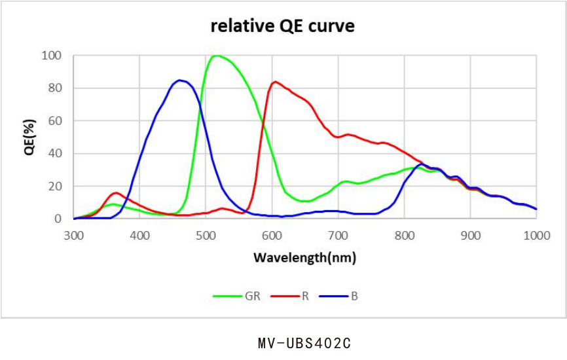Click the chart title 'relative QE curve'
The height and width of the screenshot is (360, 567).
282,27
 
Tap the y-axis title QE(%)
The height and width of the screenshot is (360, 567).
29,137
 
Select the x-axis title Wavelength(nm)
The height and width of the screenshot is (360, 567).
304,257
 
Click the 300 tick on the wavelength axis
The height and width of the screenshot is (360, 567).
74,234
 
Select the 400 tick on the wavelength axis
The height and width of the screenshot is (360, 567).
140,234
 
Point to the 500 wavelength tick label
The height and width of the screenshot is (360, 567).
206,234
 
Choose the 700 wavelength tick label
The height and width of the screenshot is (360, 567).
338,234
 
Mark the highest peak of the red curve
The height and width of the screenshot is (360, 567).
275,82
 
